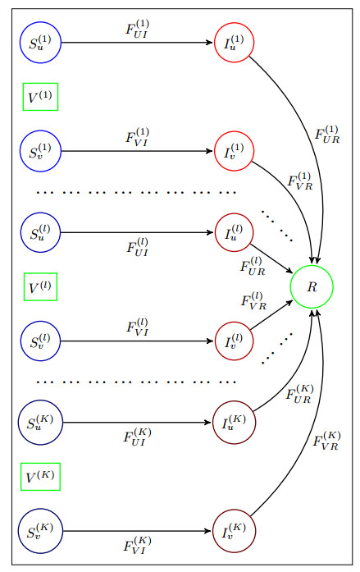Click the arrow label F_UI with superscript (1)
[137, 29]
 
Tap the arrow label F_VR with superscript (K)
[326, 441]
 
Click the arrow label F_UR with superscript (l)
[253, 266]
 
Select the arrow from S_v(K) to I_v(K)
[137, 531]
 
